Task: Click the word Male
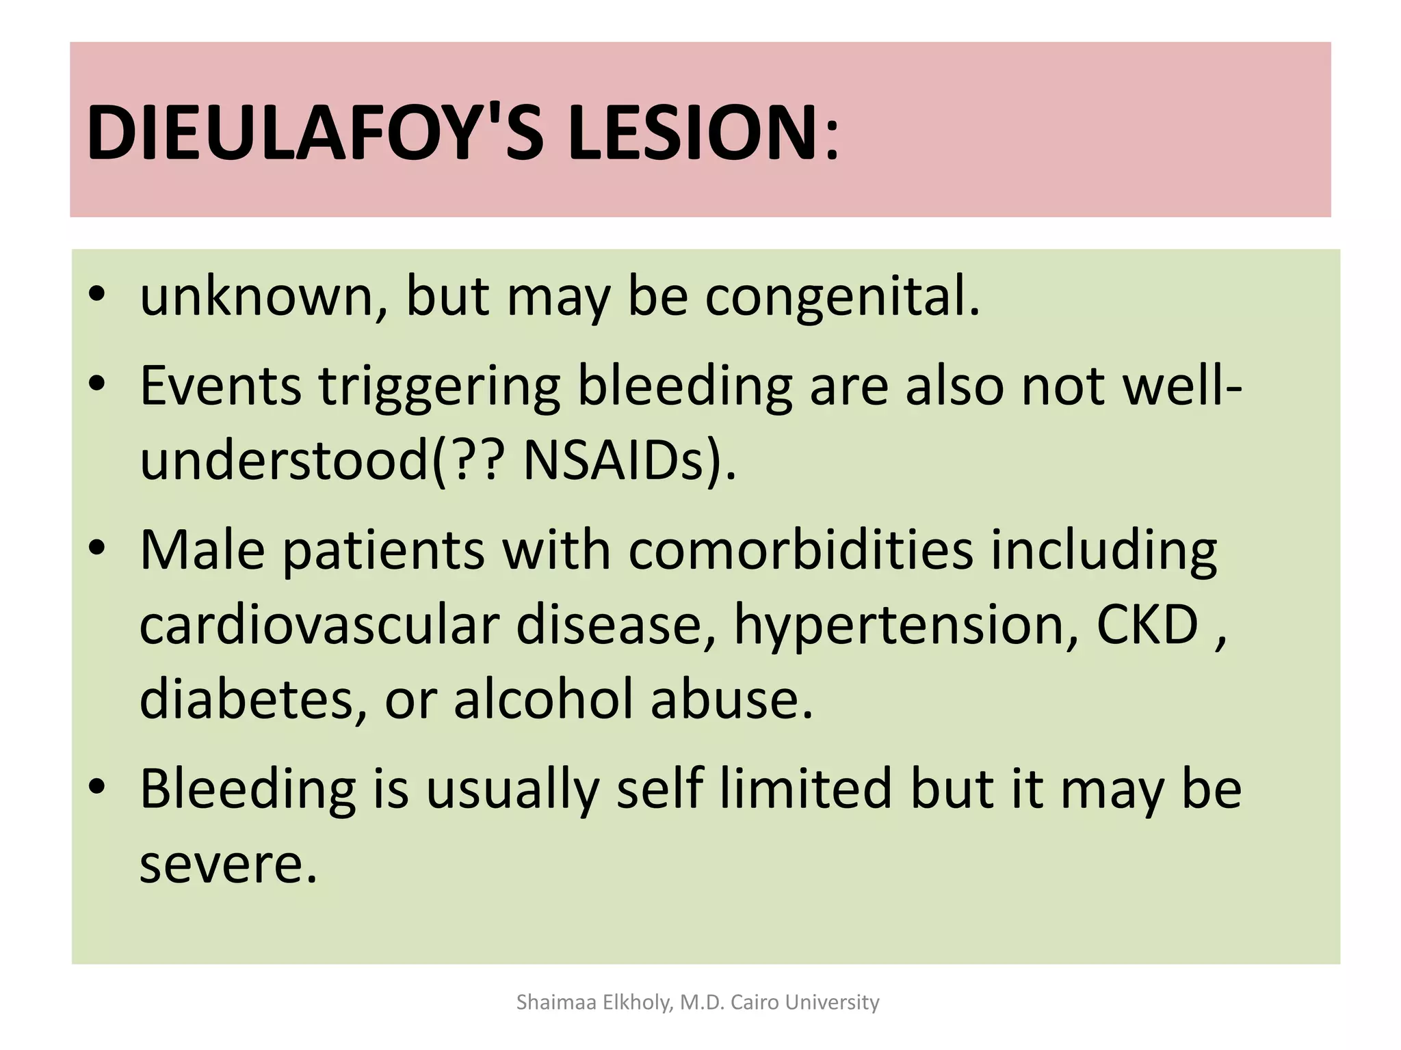[202, 550]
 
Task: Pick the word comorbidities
[800, 550]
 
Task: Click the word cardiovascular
[319, 625]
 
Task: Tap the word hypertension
[906, 626]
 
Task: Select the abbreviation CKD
[1147, 625]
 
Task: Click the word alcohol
[544, 699]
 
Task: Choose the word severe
[228, 864]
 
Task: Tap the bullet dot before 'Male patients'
[97, 548]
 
